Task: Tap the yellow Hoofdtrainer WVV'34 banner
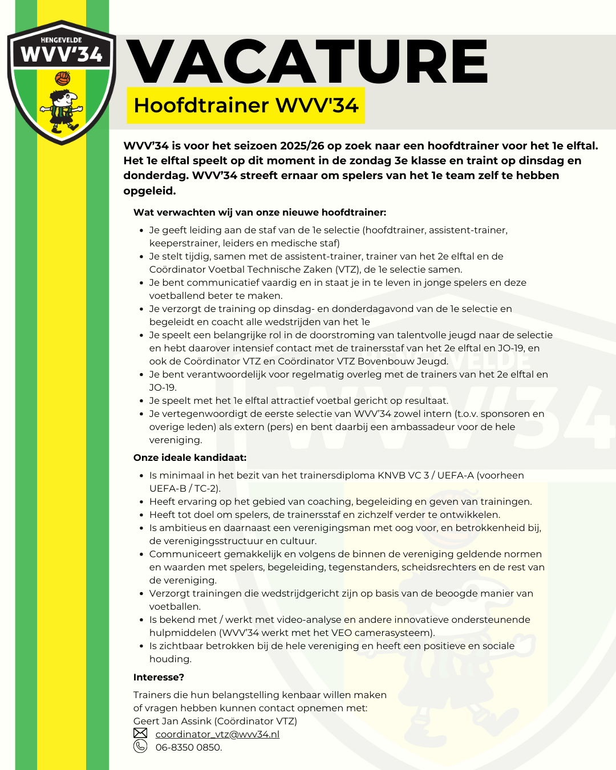[246, 106]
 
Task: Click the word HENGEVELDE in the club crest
[62, 40]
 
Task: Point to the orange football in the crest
[63, 78]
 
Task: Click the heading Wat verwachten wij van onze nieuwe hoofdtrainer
[260, 212]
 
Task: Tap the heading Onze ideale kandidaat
[190, 457]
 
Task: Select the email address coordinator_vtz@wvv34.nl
[217, 734]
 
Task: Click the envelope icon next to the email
[140, 733]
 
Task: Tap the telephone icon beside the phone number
[140, 747]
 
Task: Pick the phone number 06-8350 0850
[188, 747]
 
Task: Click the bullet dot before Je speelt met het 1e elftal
[141, 401]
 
